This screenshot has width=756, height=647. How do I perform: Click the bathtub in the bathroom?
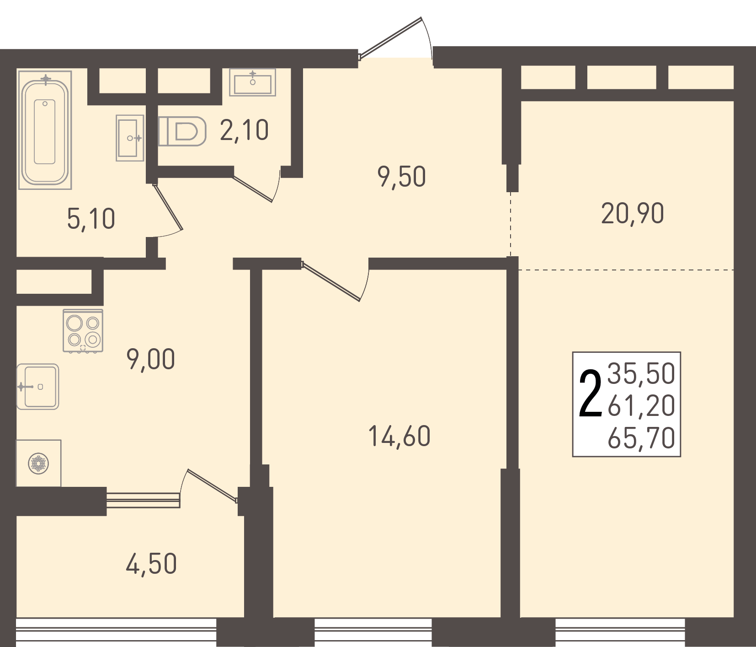(x=45, y=130)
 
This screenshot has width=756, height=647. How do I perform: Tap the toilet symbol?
(x=182, y=131)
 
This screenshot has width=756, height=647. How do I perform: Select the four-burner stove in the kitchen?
(x=83, y=331)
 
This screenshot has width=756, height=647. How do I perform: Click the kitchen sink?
(x=38, y=387)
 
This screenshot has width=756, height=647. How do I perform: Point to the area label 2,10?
(x=244, y=130)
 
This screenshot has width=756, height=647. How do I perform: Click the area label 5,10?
(x=91, y=219)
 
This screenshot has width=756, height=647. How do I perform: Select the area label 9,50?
(x=402, y=177)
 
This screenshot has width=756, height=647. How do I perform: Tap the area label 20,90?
(x=633, y=213)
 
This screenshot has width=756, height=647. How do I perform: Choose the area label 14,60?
(x=399, y=436)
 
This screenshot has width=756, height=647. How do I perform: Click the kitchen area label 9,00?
(x=151, y=359)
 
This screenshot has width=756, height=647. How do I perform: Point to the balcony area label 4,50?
(x=151, y=564)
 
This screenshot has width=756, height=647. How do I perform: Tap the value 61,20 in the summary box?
(x=641, y=405)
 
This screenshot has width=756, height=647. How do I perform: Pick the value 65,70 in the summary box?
(x=641, y=437)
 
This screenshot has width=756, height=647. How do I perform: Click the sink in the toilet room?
(x=253, y=82)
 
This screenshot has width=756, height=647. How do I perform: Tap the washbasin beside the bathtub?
(x=130, y=138)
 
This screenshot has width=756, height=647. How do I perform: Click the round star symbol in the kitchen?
(x=38, y=464)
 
